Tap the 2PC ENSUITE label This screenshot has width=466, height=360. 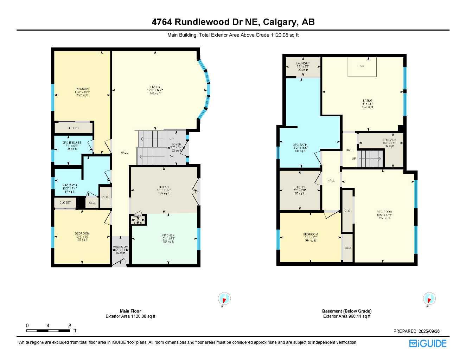[x=72, y=143]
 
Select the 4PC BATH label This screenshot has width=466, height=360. [x=70, y=185]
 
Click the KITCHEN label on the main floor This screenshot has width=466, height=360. [x=168, y=236]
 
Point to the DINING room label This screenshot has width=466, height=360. [x=164, y=187]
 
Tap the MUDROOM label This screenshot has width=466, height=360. [x=120, y=247]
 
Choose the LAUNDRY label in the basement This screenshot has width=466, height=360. [x=303, y=64]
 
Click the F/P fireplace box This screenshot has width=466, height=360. [x=362, y=66]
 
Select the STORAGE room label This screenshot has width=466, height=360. [x=389, y=140]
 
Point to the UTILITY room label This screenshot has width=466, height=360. [x=300, y=187]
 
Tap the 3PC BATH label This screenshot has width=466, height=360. [x=300, y=145]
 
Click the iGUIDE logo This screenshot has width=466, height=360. [x=428, y=343]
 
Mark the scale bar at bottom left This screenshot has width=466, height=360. [x=48, y=330]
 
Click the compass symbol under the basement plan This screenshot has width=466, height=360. [x=429, y=298]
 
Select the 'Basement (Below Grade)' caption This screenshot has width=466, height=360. [x=346, y=311]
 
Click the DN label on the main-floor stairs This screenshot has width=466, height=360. [x=172, y=157]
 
